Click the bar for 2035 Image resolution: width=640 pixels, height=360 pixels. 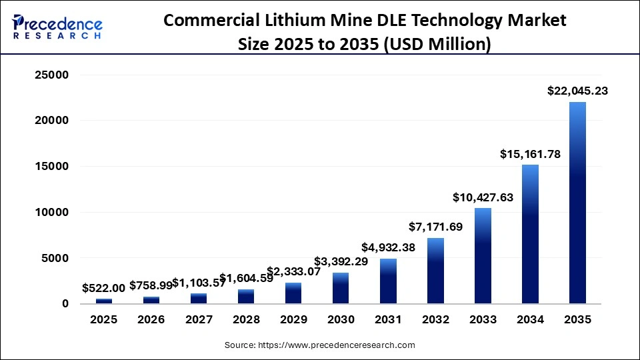tap(577, 203)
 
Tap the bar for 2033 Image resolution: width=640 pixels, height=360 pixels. tap(483, 256)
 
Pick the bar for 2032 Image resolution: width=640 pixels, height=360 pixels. tap(435, 271)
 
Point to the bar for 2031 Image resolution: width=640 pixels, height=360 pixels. tap(388, 281)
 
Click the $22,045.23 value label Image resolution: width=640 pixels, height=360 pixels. tap(577, 91)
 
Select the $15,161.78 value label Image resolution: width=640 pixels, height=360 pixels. tap(530, 154)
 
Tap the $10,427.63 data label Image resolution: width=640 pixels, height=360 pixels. tap(483, 197)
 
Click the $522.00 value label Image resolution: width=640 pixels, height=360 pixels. tap(103, 288)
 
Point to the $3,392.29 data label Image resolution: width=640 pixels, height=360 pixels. tap(341, 261)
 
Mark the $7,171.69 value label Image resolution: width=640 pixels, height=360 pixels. tap(435, 227)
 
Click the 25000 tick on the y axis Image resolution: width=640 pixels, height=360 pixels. tap(51, 75)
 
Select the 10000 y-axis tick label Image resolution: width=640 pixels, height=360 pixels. tap(51, 213)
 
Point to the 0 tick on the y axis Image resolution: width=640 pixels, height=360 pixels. tap(65, 304)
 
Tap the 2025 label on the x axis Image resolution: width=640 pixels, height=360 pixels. tap(103, 320)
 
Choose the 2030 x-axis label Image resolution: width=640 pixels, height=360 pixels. tap(341, 320)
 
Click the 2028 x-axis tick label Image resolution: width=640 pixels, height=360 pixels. tap(246, 320)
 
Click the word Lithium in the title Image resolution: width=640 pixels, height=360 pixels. tap(293, 20)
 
